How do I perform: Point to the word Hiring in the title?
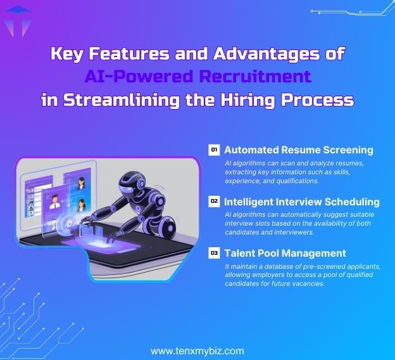point(253,100)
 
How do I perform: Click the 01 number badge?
point(214,150)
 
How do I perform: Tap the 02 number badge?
point(214,202)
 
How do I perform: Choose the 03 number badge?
point(214,253)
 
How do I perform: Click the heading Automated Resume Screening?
point(298,150)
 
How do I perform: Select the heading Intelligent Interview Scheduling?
point(302,202)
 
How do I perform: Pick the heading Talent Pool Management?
point(285,254)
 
